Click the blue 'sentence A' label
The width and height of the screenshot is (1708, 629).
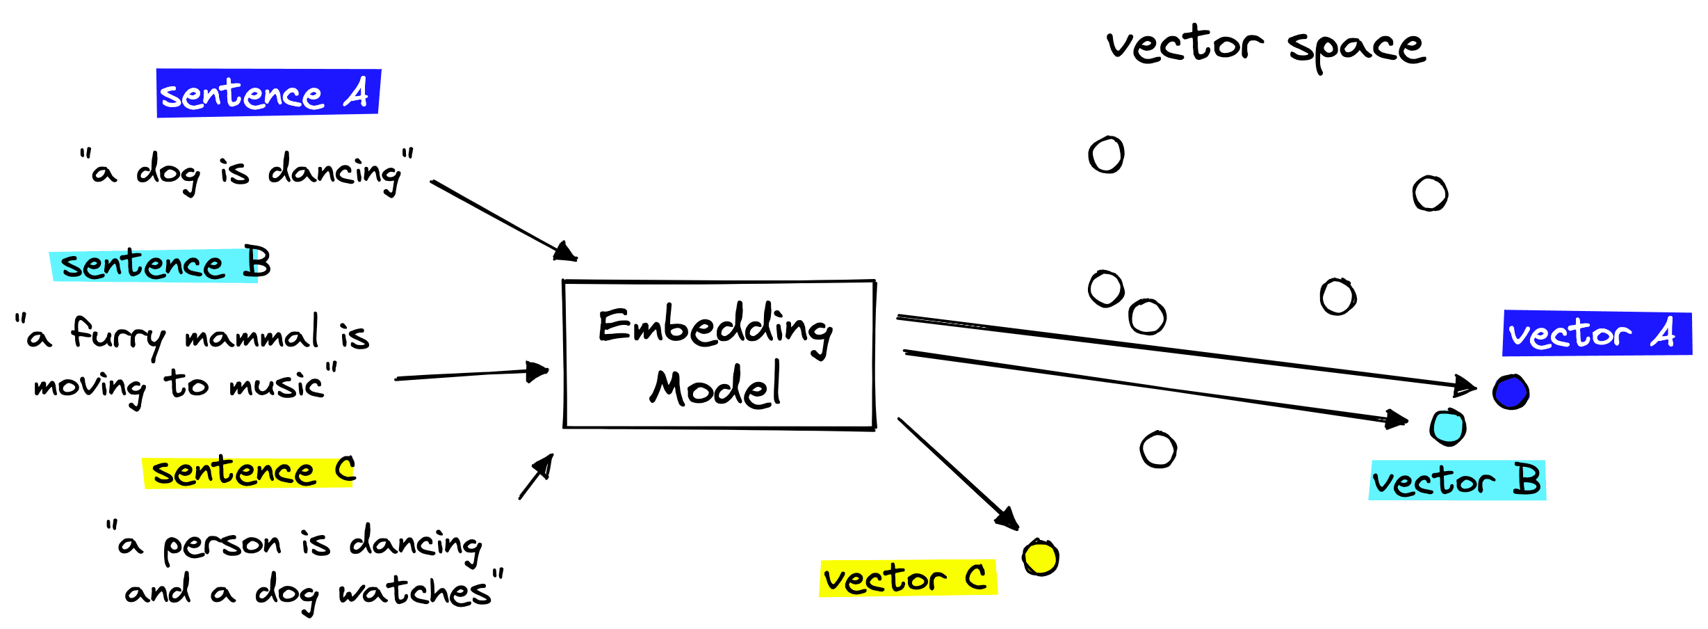point(268,93)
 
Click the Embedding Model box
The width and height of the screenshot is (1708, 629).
point(719,355)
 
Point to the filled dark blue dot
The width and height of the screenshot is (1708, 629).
point(1511,392)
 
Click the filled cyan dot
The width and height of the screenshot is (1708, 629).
point(1448,427)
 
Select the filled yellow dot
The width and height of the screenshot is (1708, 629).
point(1041,557)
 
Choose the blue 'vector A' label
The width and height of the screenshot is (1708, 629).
point(1596,334)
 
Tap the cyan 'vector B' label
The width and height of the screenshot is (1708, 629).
point(1457,481)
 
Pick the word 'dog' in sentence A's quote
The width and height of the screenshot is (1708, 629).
point(168,172)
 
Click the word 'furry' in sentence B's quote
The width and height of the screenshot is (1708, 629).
point(118,336)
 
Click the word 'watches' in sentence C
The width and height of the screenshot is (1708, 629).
point(415,591)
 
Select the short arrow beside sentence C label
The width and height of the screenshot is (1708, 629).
point(537,477)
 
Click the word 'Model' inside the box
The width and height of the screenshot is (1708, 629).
point(716,387)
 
